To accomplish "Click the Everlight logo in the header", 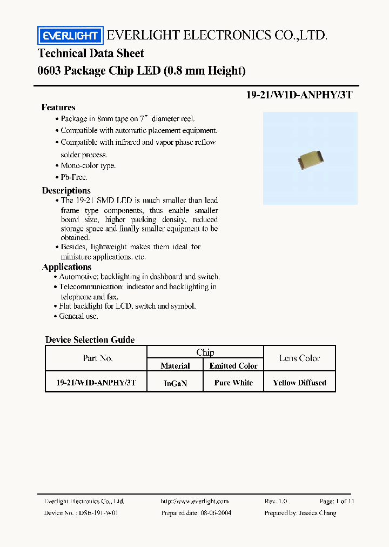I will click(70, 36).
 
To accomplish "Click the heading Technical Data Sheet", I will click(91, 53).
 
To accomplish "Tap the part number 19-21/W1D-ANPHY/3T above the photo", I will click(299, 94).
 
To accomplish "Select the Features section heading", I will click(58, 107).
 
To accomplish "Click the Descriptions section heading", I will click(66, 190).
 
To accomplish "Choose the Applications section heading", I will click(67, 266).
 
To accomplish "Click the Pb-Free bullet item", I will click(73, 177).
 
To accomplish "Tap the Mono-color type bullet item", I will click(88, 166).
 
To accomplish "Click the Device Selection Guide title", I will click(90, 339).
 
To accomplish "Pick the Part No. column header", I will click(98, 358).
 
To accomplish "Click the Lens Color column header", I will click(299, 358).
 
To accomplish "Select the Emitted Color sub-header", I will click(233, 366).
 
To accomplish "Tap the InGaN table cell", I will click(175, 383).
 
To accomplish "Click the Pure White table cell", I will click(233, 383).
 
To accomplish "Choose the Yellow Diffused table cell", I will click(299, 383).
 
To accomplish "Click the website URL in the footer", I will click(194, 501).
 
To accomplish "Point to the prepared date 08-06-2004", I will click(213, 512).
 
